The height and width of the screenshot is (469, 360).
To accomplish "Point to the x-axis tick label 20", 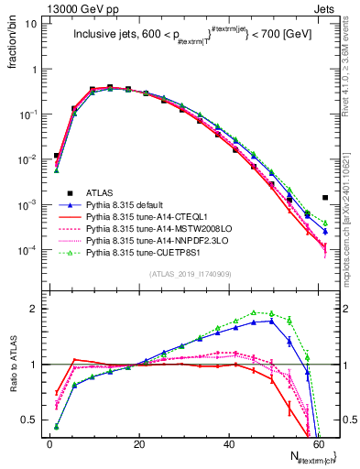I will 139,443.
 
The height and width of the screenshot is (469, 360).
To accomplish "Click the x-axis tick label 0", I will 50,443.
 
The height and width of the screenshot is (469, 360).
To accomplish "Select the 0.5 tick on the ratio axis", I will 31,420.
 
